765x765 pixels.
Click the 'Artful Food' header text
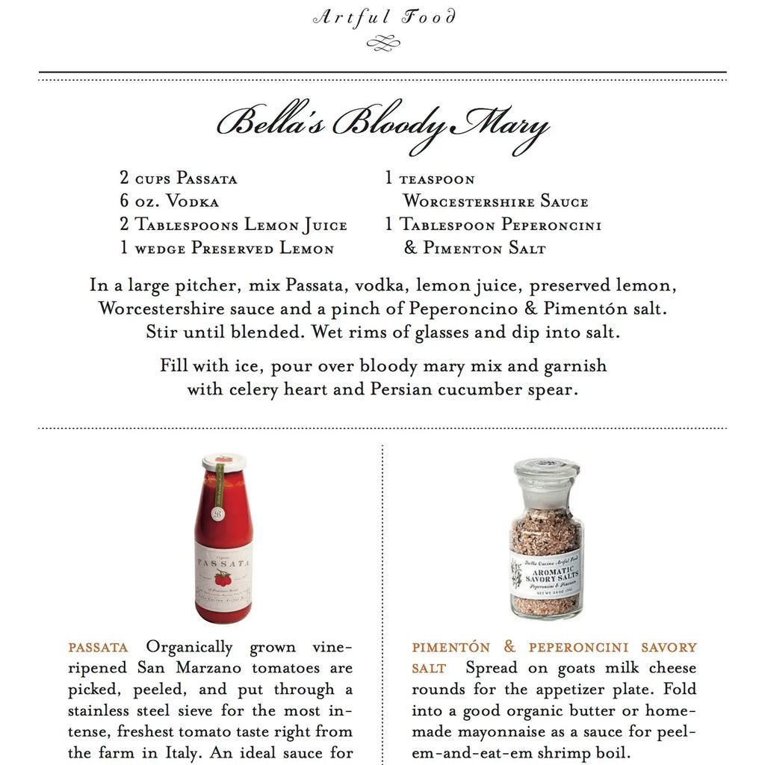click(383, 17)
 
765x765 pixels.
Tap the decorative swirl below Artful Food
click(383, 44)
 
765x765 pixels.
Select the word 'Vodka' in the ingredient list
click(193, 202)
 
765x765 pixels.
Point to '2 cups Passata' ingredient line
click(179, 179)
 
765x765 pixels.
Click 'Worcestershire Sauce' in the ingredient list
click(495, 202)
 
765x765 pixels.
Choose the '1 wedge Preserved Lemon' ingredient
click(227, 248)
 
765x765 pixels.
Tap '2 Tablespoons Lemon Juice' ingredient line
click(233, 225)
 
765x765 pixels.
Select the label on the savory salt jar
click(545, 573)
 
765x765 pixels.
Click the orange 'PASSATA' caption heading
click(98, 648)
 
